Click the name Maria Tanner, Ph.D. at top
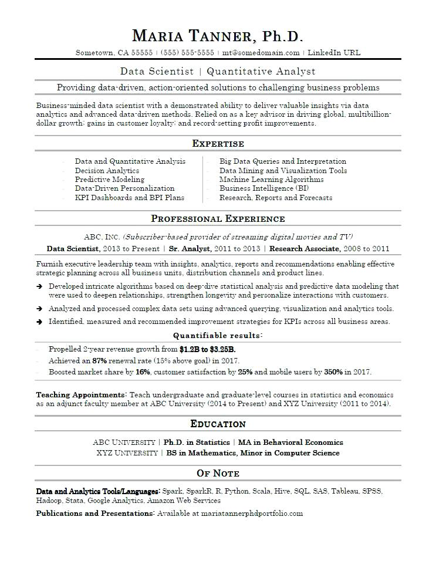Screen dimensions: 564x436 [218, 36]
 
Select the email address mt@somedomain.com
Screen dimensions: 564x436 [261, 52]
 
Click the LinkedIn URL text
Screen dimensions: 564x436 [334, 52]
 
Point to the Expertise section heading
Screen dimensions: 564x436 [218, 144]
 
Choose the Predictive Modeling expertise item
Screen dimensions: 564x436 [110, 180]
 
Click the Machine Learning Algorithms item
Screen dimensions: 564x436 [271, 180]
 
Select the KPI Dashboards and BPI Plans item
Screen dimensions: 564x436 [130, 198]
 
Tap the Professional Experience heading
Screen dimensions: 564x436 [218, 219]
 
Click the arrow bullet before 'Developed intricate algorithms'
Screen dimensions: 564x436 [39, 286]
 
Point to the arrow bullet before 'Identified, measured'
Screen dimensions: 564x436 [39, 322]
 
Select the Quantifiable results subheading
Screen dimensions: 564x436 [218, 336]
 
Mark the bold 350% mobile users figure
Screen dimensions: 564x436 [333, 372]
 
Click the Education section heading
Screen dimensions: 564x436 [218, 424]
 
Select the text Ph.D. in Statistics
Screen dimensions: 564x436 [197, 442]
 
